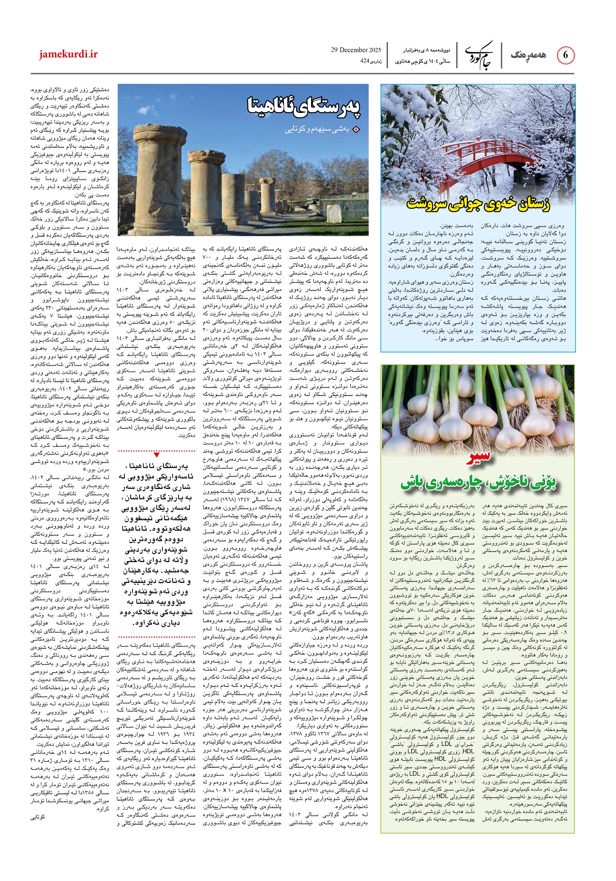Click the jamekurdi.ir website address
68,55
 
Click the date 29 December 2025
356,50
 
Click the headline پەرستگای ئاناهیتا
305,106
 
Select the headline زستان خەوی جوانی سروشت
478,203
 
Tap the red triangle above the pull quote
157,455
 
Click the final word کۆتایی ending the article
38,817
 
